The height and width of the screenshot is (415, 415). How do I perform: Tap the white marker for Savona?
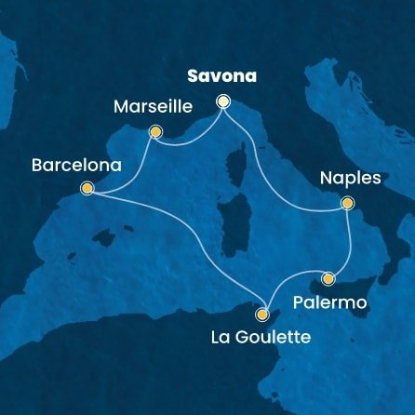(x=223, y=100)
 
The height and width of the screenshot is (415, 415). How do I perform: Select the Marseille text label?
(x=153, y=109)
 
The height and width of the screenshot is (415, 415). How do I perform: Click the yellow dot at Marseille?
(x=154, y=132)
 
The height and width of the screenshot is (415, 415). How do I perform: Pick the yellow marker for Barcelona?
(x=87, y=188)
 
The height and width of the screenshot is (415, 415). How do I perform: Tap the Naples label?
(x=349, y=178)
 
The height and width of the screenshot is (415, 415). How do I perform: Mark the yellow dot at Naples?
(x=347, y=202)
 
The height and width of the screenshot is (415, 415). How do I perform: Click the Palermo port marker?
(x=328, y=277)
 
